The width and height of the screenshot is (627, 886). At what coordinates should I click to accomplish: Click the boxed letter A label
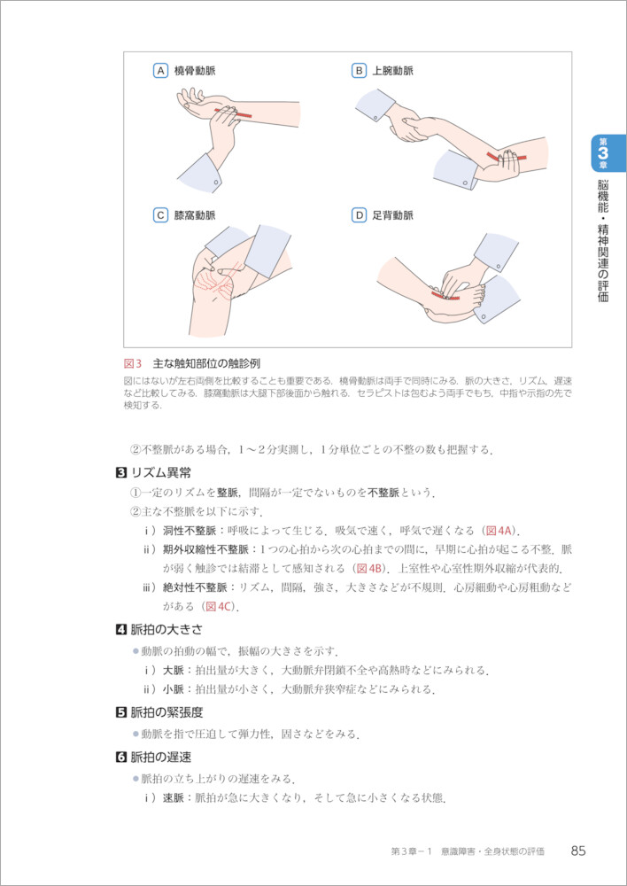click(x=161, y=71)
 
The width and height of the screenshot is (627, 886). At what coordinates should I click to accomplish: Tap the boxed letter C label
click(x=161, y=215)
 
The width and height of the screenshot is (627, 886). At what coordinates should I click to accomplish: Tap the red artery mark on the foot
click(x=445, y=295)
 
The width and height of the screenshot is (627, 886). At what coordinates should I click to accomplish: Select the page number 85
click(x=578, y=836)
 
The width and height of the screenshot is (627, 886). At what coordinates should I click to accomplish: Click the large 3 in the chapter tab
click(x=603, y=153)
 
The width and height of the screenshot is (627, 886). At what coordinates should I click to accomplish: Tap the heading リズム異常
click(x=157, y=473)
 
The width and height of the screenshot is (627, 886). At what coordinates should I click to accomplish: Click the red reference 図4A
click(x=499, y=531)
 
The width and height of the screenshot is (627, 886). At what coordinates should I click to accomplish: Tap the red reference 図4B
click(x=370, y=567)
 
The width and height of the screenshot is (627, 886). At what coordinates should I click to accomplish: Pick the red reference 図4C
click(x=219, y=607)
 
